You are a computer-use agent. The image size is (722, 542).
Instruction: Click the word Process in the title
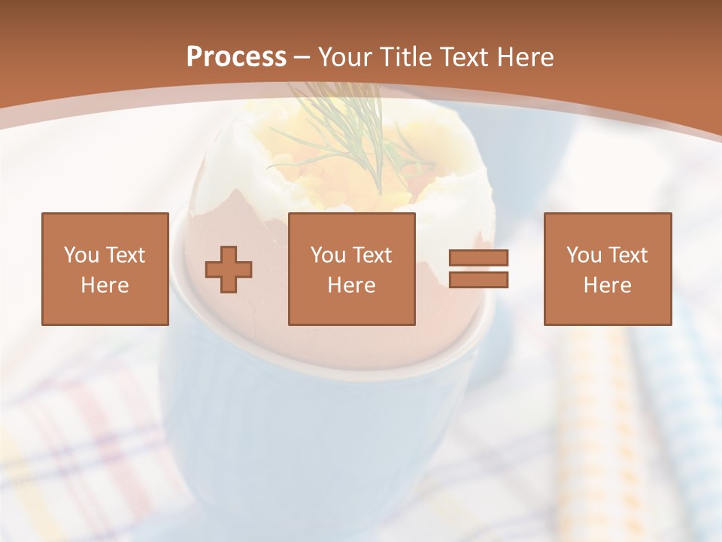(236, 57)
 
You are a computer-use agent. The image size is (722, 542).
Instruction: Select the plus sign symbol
(229, 269)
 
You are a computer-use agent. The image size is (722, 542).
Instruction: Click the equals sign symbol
(478, 269)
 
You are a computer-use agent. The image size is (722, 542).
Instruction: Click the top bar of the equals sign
(478, 258)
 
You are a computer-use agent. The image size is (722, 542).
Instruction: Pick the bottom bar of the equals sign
(478, 279)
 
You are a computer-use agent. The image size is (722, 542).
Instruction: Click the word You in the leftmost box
(80, 255)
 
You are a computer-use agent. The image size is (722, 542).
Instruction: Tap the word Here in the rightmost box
(608, 285)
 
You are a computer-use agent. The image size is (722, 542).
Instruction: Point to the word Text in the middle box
(372, 255)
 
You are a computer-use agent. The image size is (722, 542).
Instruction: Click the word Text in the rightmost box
(628, 255)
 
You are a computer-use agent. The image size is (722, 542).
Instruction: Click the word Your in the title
(347, 57)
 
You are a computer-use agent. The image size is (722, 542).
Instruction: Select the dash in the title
(302, 57)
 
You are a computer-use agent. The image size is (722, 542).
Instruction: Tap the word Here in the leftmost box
(105, 285)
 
